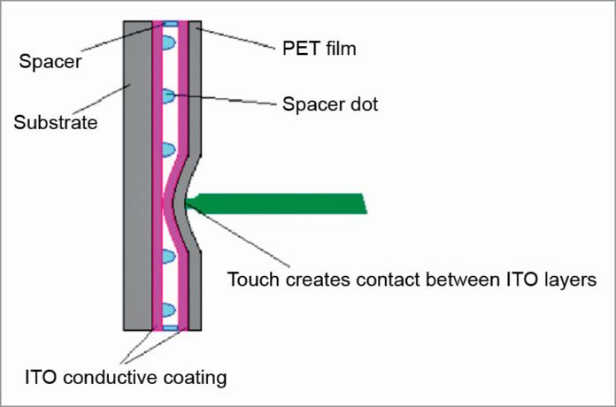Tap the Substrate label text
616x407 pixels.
tap(54, 122)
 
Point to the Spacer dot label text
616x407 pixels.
tap(330, 104)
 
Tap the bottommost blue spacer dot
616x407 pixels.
tap(168, 311)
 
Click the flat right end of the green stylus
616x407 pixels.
tap(363, 203)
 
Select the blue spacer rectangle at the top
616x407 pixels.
tap(170, 24)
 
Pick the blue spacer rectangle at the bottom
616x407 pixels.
tap(170, 328)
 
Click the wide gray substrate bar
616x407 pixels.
tap(138, 177)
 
